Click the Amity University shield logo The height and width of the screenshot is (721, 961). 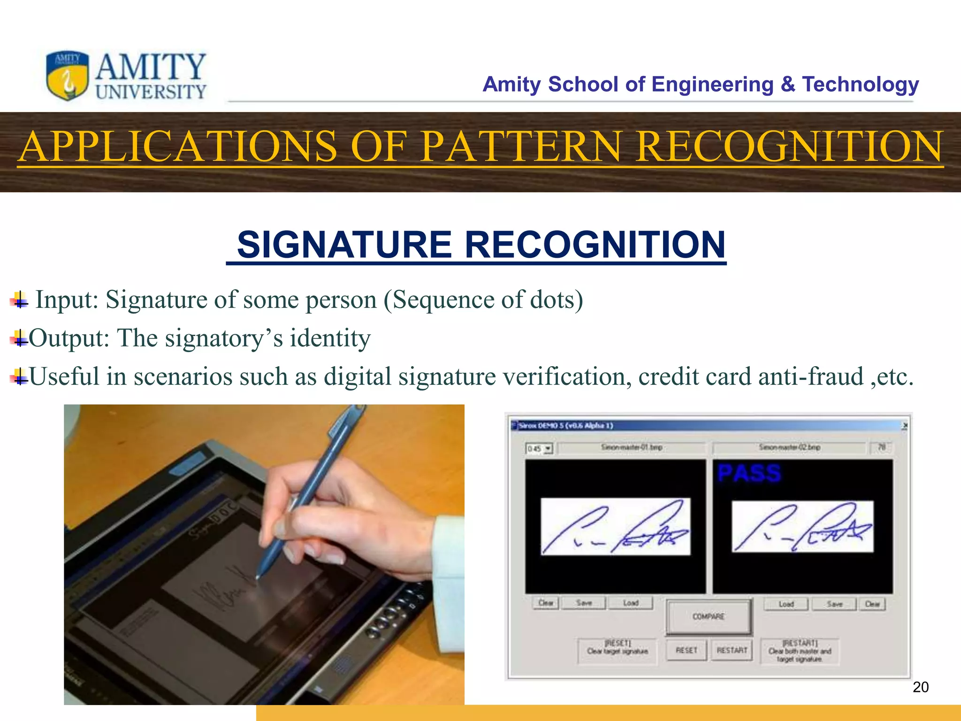68,76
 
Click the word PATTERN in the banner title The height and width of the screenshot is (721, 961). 520,146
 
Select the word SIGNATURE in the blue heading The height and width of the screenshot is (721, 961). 344,245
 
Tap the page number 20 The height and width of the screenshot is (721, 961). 920,687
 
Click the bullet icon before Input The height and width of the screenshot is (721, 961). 19,299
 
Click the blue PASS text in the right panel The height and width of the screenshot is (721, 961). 749,473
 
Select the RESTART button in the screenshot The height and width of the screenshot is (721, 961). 732,650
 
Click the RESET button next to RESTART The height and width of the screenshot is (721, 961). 686,650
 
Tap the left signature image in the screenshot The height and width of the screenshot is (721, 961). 615,527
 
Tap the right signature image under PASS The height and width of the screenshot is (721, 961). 802,527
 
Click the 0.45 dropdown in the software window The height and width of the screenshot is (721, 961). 540,449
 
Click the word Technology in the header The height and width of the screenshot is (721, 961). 860,84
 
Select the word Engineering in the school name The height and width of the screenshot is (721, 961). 712,84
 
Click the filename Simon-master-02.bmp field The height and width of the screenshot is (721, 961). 789,447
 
